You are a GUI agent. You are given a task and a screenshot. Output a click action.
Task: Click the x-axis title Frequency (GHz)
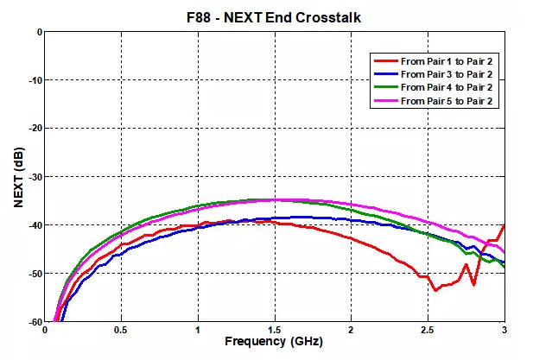[x=274, y=342]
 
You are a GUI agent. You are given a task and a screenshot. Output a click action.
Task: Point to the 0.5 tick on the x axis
[x=121, y=330]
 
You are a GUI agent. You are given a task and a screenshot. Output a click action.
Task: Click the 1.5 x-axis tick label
[x=274, y=330]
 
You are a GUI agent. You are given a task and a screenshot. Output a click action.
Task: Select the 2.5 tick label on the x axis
[x=427, y=330]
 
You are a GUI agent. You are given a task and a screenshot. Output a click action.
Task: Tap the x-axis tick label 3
[x=503, y=330]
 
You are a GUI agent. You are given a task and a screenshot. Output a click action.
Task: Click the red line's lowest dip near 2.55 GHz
[x=435, y=289]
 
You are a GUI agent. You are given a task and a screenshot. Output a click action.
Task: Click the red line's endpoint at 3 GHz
[x=504, y=224]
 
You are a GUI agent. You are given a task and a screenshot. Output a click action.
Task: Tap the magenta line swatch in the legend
[x=386, y=102]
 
